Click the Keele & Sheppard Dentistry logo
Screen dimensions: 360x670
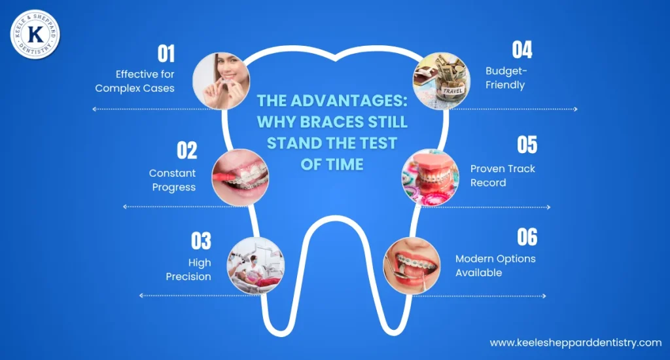[35, 34]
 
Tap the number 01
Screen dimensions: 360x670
[167, 53]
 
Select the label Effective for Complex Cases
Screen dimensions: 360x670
[135, 81]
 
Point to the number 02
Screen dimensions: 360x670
[186, 150]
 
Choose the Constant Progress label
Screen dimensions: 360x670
[173, 180]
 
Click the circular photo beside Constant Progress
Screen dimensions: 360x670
[240, 177]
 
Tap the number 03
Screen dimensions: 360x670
[201, 240]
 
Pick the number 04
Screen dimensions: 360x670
[522, 50]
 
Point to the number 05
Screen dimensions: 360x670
[527, 145]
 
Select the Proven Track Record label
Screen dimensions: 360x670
[502, 175]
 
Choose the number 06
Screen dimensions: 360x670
[527, 236]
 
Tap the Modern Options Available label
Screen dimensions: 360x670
[495, 265]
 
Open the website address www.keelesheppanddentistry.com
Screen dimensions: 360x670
[576, 342]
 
